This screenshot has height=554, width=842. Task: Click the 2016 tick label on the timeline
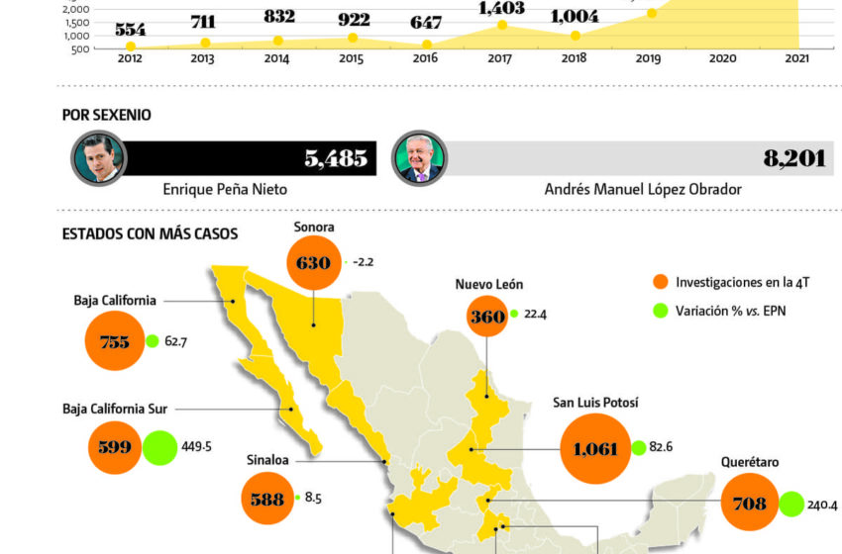(426, 58)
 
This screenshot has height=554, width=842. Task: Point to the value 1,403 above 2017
(501, 8)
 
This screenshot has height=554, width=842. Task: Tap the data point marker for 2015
(352, 38)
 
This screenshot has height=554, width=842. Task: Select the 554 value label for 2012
(130, 30)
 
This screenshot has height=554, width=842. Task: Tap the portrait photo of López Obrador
(420, 158)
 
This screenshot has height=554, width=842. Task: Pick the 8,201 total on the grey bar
(793, 158)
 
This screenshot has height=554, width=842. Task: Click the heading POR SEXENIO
(107, 115)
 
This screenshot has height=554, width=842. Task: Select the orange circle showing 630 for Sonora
(314, 264)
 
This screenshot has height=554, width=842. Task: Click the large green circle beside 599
(160, 446)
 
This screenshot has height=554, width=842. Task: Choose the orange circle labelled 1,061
(594, 448)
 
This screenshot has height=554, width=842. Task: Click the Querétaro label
(750, 462)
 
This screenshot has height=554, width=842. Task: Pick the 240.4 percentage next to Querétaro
(822, 505)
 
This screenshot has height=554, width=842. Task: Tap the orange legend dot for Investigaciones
(661, 282)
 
